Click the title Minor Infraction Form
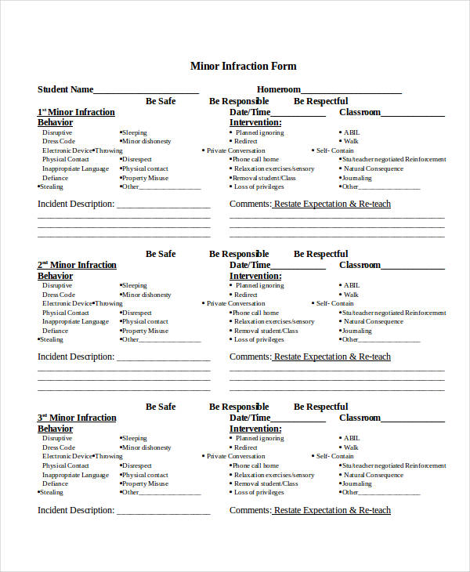point(244,66)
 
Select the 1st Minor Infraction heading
point(77,112)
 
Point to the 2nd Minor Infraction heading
point(77,265)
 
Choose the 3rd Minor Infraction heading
point(77,418)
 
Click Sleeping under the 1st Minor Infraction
point(134,132)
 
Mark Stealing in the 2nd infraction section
point(53,339)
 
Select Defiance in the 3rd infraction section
point(55,483)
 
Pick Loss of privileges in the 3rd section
point(258,492)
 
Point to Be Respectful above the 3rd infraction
point(321,407)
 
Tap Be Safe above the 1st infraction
point(161,101)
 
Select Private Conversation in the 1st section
point(236,150)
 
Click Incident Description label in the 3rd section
point(76,510)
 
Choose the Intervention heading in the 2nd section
point(255,276)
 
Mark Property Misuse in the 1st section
point(145,178)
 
